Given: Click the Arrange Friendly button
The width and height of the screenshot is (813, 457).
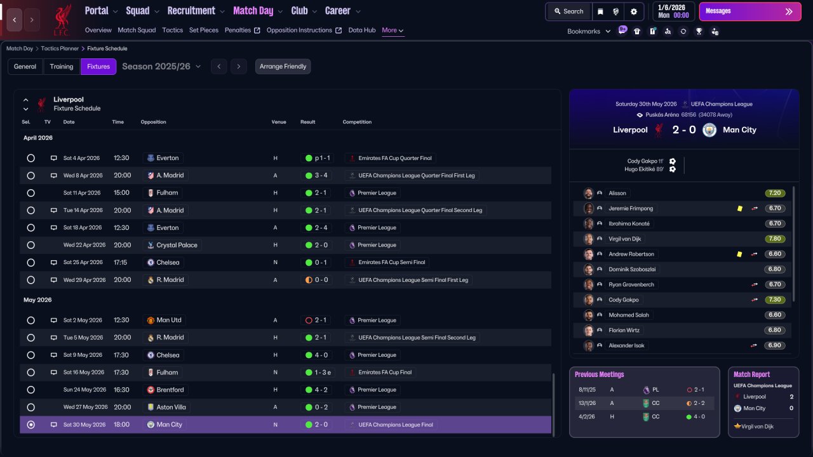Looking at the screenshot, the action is click(x=283, y=67).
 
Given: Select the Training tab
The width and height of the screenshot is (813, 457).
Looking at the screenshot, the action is click(x=62, y=67).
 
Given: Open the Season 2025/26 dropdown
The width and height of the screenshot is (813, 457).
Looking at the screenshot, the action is click(x=161, y=67).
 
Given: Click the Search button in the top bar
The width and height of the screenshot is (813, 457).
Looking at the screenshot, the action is click(x=568, y=11).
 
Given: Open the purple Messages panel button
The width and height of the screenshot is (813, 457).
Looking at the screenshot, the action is click(x=750, y=11).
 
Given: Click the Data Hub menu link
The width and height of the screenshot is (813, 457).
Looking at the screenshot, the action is click(x=362, y=30).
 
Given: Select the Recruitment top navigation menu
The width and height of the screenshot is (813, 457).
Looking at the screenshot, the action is click(x=191, y=11).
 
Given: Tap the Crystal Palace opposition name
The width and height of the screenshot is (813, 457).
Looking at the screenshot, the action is click(x=177, y=245).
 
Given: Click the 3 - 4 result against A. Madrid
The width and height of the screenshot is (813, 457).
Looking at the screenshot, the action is click(x=321, y=176).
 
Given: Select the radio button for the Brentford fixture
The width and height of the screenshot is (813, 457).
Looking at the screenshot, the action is click(x=31, y=390).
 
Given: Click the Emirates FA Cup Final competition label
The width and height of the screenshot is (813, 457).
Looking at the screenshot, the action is click(x=385, y=373).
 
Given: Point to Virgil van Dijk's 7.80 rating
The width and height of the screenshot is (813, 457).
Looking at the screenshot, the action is click(x=775, y=239).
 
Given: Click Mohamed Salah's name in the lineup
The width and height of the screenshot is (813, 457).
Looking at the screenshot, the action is click(x=629, y=315).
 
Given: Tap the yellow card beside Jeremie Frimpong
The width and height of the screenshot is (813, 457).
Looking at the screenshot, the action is click(x=740, y=209).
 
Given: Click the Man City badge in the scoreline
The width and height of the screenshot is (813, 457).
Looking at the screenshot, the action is click(x=709, y=130).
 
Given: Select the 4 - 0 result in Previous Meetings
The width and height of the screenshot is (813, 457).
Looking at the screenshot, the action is click(x=699, y=417).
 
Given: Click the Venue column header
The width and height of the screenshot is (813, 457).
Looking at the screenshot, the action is click(x=279, y=122).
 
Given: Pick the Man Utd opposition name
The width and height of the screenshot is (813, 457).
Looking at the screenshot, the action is click(x=169, y=321).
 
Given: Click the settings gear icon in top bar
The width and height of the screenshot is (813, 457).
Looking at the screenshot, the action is click(x=634, y=11).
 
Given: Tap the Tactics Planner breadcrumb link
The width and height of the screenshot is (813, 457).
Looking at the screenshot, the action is click(x=60, y=49).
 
